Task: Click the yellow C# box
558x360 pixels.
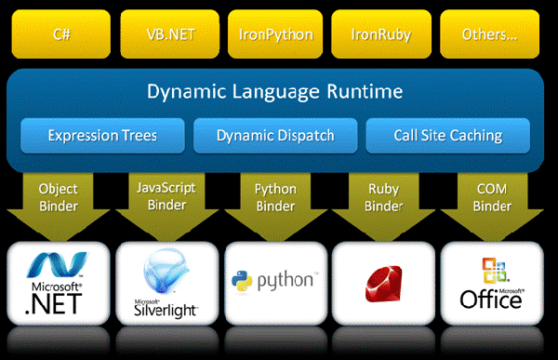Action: click(x=61, y=34)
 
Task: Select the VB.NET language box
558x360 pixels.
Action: click(x=170, y=34)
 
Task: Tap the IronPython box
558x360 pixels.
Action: click(x=275, y=34)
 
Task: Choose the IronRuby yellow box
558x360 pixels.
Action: click(x=381, y=34)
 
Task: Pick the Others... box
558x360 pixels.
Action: click(x=490, y=34)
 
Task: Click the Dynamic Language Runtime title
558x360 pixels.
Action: click(x=275, y=91)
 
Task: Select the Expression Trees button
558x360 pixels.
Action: click(x=103, y=136)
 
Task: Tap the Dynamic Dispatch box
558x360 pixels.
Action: click(x=275, y=136)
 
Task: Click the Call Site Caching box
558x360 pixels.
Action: click(x=448, y=136)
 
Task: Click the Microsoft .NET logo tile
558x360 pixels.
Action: click(x=59, y=284)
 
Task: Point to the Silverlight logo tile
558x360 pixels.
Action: click(x=167, y=284)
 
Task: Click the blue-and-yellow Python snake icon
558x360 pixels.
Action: click(x=242, y=281)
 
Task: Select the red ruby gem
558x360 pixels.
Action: click(x=383, y=284)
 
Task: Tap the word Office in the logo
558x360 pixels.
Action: click(x=491, y=300)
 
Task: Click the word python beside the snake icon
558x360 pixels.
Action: click(x=286, y=281)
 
